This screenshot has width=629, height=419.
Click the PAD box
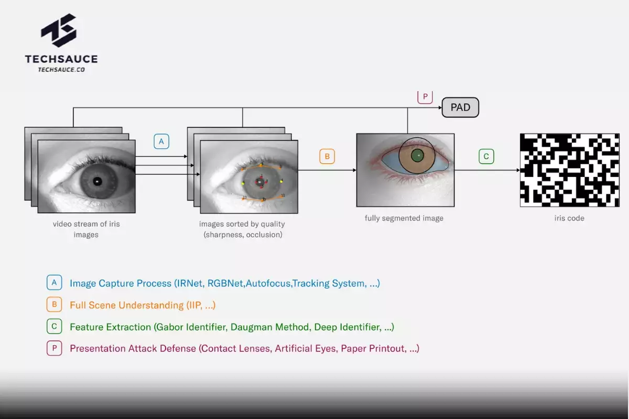(x=460, y=107)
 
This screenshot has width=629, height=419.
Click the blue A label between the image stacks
(x=161, y=141)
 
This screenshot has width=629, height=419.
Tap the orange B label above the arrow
(x=327, y=156)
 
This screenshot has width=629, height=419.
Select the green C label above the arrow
(x=486, y=156)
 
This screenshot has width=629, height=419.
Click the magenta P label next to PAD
(x=425, y=97)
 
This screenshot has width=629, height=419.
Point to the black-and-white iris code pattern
(x=569, y=170)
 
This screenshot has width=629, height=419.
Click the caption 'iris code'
(x=569, y=218)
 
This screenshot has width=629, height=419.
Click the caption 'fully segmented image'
(x=404, y=218)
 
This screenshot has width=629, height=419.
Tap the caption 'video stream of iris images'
(x=86, y=229)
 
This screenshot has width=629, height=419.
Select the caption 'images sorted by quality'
(x=242, y=224)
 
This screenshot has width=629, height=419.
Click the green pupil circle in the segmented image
(x=417, y=156)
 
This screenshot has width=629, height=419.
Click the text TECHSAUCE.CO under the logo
(x=61, y=70)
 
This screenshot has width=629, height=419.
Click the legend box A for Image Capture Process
(x=54, y=283)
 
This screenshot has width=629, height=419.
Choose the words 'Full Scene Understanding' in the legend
(x=126, y=305)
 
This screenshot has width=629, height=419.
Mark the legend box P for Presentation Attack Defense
(x=54, y=348)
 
